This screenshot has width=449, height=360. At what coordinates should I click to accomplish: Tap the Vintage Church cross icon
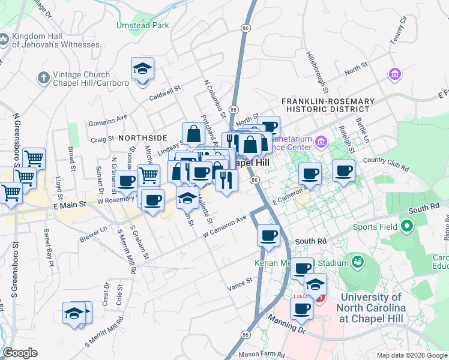43,77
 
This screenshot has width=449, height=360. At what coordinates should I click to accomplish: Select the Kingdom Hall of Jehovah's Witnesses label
55,40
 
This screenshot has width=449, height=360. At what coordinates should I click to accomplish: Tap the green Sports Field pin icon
407,227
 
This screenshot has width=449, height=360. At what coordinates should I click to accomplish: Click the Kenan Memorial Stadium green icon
358,262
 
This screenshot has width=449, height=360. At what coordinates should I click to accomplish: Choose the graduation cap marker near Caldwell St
143,69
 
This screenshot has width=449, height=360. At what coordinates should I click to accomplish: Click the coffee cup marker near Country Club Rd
343,171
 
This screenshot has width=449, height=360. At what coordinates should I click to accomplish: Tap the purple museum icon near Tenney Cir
395,74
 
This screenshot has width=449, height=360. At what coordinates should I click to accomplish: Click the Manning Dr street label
287,325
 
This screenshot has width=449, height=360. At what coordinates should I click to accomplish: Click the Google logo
20,353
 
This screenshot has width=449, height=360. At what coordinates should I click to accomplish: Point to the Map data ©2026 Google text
411,355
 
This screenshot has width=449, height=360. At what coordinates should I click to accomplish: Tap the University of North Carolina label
373,302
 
